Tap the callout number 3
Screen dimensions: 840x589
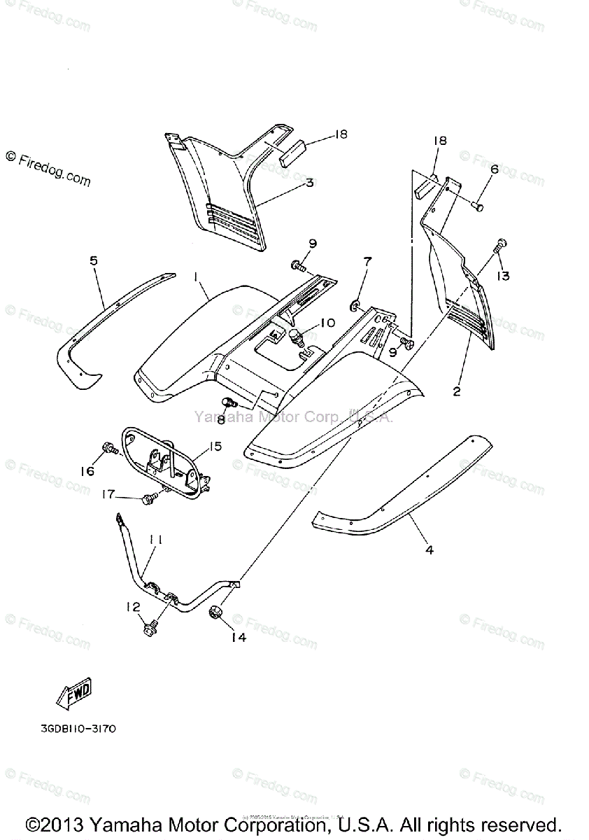pos(308,183)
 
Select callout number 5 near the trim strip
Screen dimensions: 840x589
pos(94,261)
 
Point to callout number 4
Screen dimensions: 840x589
pos(429,549)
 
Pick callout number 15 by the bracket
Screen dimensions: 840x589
pos(215,446)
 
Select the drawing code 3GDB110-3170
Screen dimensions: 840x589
pos(78,729)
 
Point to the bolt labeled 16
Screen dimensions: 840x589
pos(108,447)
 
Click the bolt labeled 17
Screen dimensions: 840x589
pos(148,498)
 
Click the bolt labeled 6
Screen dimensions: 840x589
pos(477,206)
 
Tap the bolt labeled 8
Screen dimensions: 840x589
pos(228,402)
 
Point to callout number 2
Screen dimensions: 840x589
pos(457,391)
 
